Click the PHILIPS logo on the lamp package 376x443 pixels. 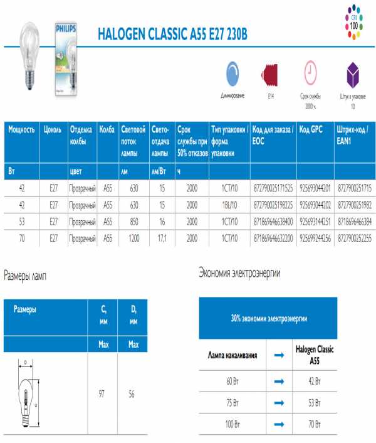(x=66, y=29)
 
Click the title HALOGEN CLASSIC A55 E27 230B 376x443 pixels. (x=172, y=35)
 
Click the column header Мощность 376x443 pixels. (x=21, y=129)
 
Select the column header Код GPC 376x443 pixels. (x=311, y=129)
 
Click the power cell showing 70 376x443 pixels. (x=22, y=238)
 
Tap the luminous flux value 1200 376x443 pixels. (x=134, y=238)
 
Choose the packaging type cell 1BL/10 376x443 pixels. (x=229, y=205)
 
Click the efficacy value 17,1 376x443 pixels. (x=162, y=238)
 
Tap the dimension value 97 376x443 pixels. (x=102, y=393)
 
